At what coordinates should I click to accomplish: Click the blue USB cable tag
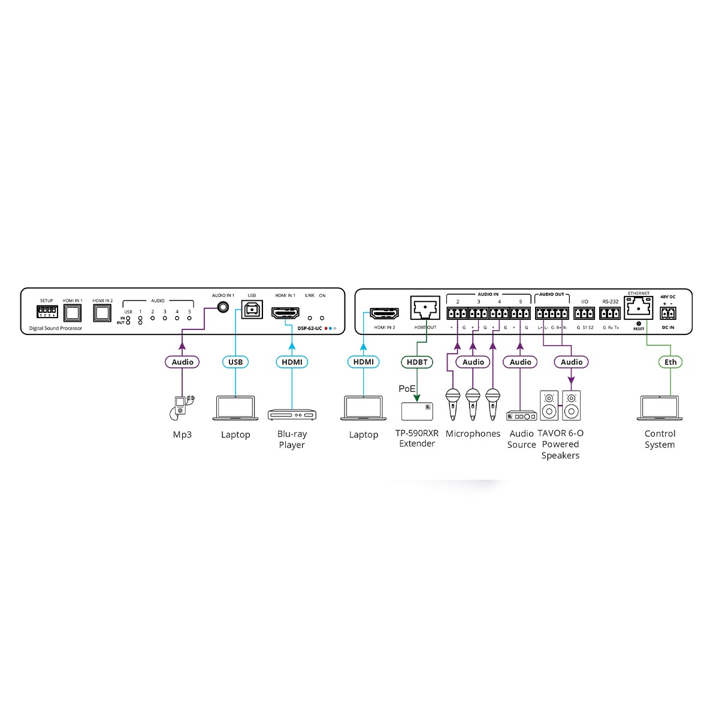point(235,362)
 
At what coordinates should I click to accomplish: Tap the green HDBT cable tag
point(417,362)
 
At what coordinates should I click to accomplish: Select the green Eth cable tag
point(670,362)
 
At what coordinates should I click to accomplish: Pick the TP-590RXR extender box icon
point(417,411)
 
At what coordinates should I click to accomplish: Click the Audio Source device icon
point(521,416)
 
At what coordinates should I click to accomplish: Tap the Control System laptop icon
point(659,408)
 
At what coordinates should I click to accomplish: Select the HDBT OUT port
point(425,308)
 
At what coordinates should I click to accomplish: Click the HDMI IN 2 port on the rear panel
point(384,313)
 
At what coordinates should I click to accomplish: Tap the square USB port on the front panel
point(252,310)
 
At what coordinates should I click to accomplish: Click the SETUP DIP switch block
point(47,311)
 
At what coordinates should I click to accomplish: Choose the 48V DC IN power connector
point(667,313)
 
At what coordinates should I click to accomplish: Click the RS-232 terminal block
point(610,313)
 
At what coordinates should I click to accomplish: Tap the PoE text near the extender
point(407,389)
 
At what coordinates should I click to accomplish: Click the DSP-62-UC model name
point(310,328)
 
